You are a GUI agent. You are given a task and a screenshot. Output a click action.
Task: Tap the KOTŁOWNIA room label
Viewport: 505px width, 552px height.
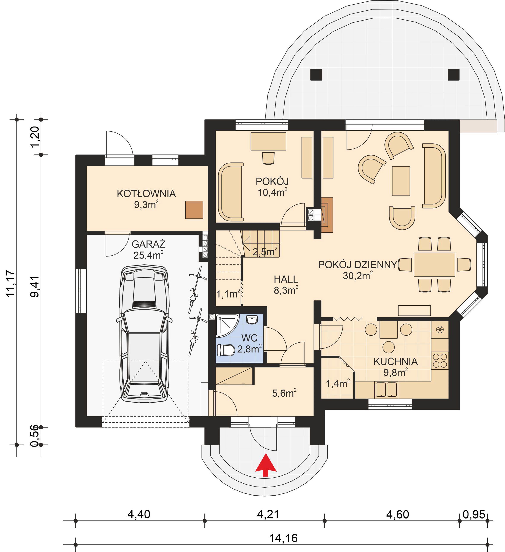(146, 194)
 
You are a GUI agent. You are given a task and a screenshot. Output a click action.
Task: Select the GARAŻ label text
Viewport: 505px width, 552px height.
(148, 244)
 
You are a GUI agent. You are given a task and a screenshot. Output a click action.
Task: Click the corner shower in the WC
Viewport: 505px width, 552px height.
(227, 325)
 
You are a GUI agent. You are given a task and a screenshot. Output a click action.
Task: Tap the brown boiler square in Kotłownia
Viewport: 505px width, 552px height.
(194, 210)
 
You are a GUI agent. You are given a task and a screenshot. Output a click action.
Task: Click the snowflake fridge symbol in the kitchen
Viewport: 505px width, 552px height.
(440, 330)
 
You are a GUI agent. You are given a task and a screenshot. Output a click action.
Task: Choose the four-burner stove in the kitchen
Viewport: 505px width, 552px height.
(440, 361)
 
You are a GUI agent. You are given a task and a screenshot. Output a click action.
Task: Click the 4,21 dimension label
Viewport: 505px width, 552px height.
(268, 514)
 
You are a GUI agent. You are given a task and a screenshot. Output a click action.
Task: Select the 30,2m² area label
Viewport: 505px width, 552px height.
(358, 275)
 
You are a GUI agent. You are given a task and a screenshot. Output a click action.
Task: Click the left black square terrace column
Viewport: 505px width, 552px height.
(316, 75)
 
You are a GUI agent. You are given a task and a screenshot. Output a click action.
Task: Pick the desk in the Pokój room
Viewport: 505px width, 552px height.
(268, 141)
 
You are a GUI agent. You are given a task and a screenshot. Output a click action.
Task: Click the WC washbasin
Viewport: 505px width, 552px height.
(252, 320)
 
